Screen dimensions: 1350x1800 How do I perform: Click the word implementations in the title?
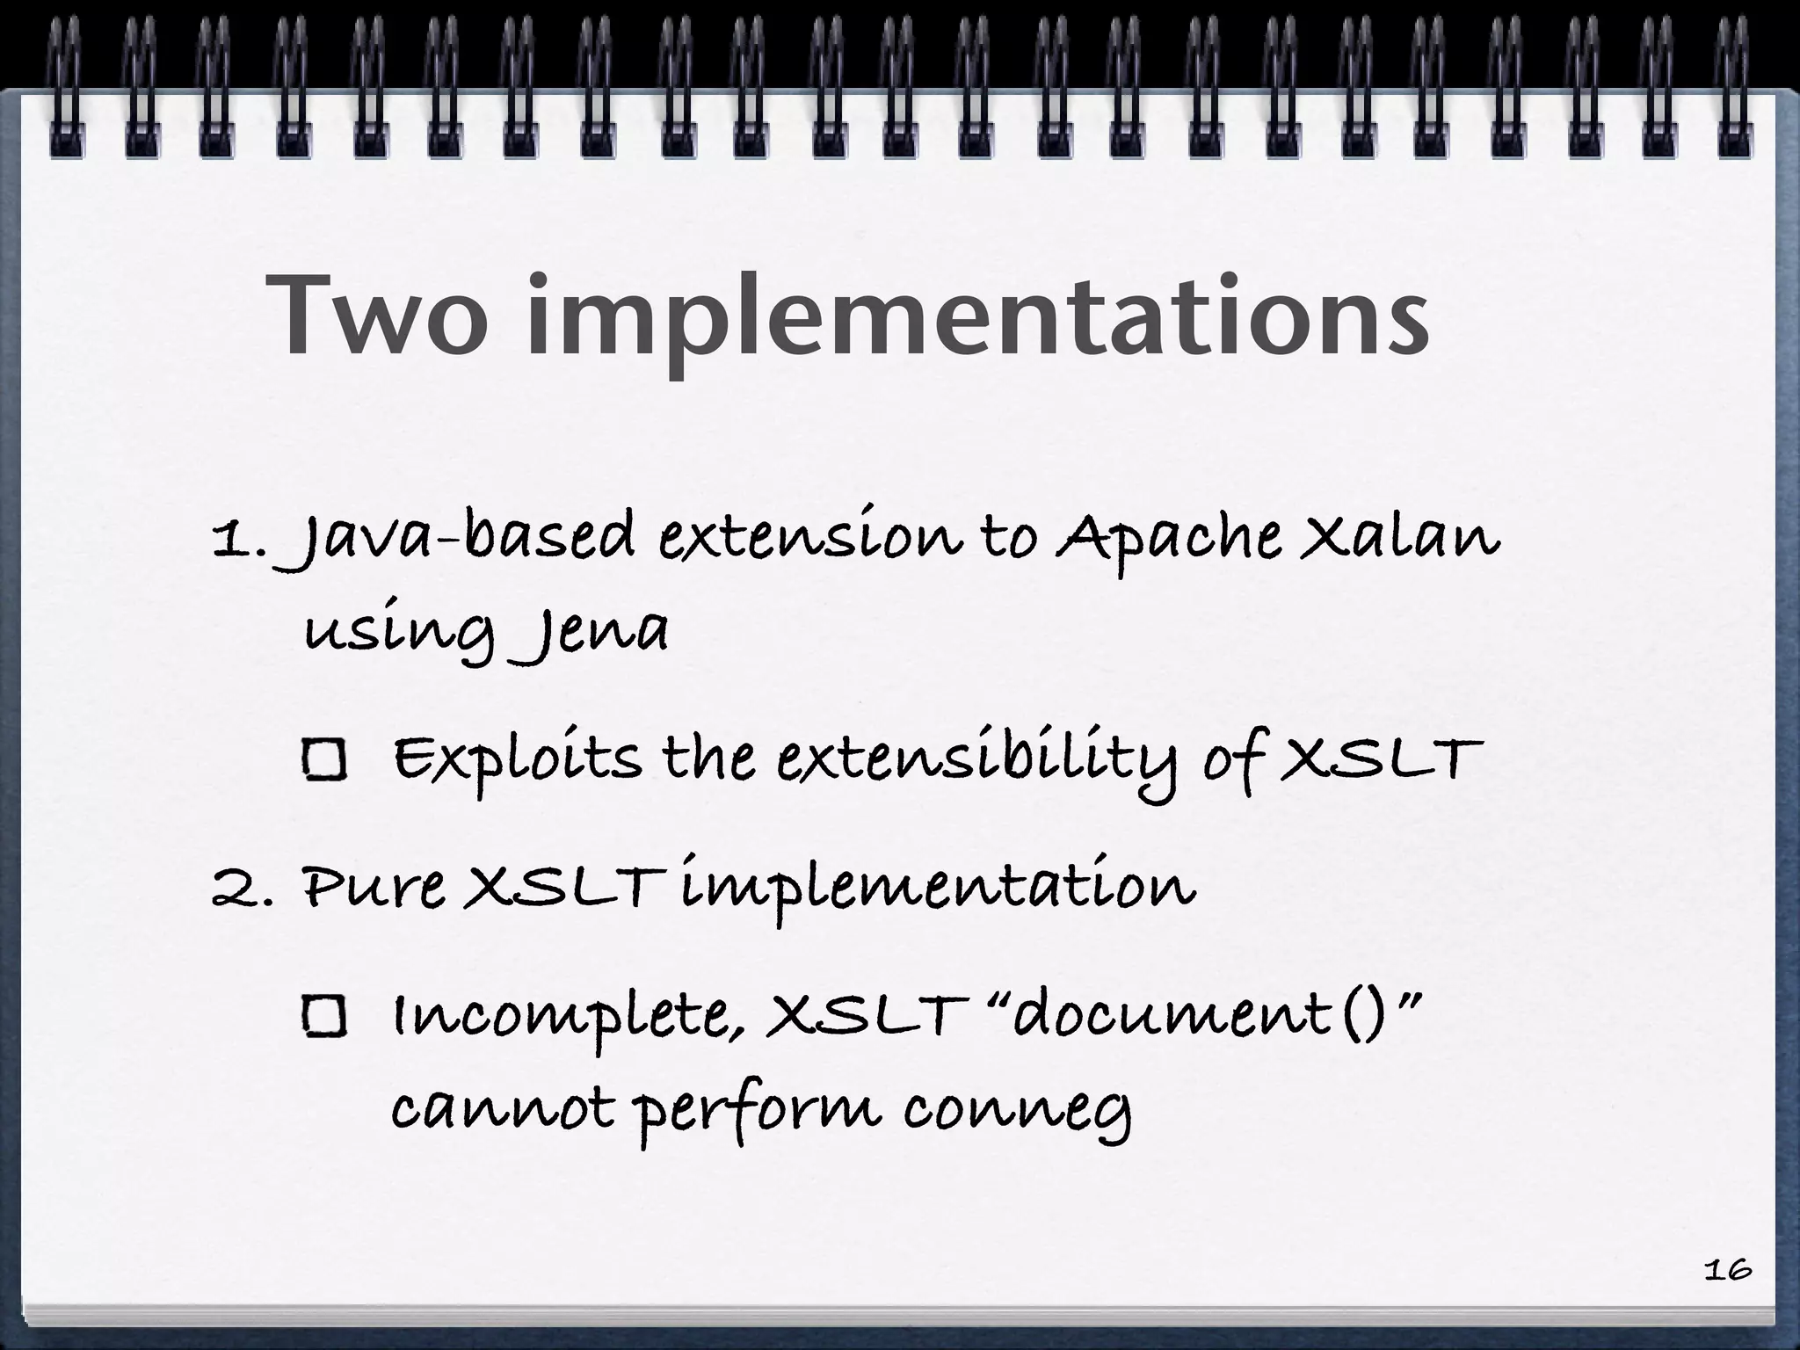point(976,321)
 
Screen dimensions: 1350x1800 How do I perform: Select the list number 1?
point(237,540)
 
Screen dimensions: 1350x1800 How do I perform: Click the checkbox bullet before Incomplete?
point(325,1017)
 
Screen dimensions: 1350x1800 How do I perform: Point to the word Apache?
point(1168,538)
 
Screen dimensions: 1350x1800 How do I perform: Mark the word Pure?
point(374,889)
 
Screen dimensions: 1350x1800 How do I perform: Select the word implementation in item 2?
point(937,889)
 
